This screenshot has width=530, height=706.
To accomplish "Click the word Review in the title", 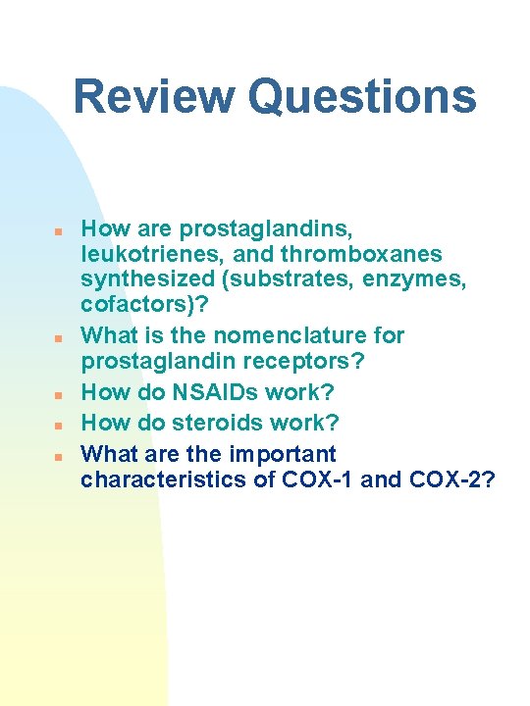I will tap(154, 97).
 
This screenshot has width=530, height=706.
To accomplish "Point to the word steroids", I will tap(222, 423).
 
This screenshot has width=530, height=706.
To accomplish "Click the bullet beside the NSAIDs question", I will tap(58, 395).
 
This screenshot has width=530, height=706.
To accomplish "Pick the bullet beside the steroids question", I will tap(58, 426).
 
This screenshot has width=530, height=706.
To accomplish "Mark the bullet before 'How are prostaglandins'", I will tap(58, 232).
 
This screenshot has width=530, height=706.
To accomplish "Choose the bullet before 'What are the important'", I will tap(58, 457).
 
